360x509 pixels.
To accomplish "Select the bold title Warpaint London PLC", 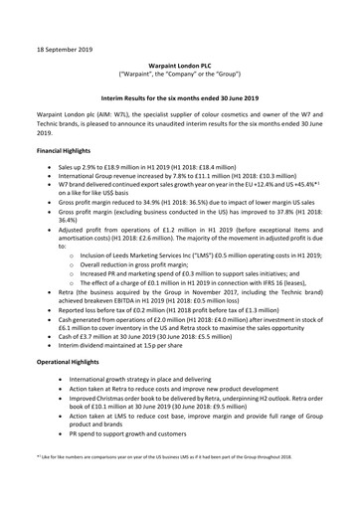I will [x=179, y=62].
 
